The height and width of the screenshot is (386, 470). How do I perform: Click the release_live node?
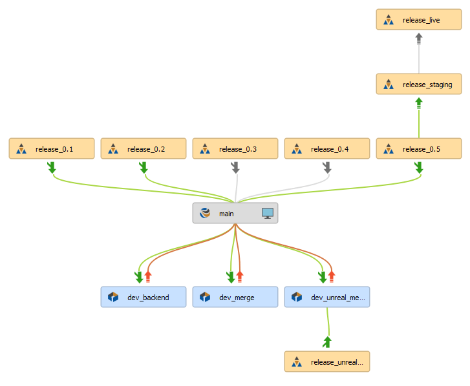[419, 20]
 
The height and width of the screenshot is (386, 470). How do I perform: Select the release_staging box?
[419, 85]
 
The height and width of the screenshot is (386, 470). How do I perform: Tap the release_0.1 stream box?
[52, 149]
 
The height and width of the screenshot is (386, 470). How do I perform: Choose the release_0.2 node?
[144, 149]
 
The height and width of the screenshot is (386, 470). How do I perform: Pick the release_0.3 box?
[235, 149]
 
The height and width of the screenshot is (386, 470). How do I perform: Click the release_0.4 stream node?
[327, 149]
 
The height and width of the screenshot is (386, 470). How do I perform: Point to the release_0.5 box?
[419, 149]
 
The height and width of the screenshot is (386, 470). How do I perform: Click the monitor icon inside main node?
[268, 213]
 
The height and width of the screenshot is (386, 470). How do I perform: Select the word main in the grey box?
[226, 214]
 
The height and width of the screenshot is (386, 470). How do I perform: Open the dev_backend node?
[144, 298]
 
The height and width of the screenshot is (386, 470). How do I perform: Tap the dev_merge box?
[235, 298]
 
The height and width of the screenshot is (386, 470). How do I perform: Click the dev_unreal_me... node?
[327, 298]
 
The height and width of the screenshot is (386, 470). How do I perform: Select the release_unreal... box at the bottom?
[327, 362]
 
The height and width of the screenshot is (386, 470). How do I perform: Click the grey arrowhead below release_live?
[419, 39]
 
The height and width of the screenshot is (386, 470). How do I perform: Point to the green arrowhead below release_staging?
[419, 103]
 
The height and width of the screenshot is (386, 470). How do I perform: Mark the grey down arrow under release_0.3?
[235, 167]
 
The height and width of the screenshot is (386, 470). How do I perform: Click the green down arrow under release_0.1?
[52, 167]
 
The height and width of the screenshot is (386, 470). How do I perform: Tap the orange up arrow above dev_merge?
[240, 277]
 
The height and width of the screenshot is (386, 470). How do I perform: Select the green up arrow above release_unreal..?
[327, 341]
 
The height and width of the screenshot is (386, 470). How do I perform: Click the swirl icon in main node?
[206, 213]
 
